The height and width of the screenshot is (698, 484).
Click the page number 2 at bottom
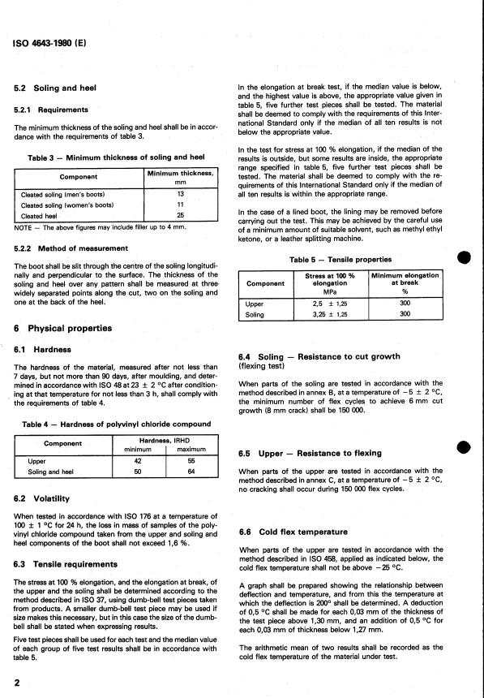tap(17, 683)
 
